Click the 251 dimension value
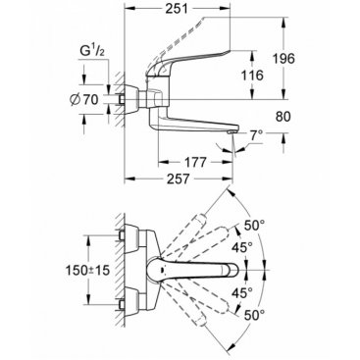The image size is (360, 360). point(177,9)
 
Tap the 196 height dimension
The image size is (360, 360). point(283,59)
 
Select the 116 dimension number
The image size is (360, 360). point(252,76)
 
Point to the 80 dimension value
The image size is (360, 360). point(283,117)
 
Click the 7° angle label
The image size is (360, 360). point(256,135)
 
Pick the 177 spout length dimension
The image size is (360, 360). point(195,162)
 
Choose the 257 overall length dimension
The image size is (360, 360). point(178,179)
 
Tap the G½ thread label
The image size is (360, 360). point(92,52)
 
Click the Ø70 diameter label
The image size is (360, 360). point(84,100)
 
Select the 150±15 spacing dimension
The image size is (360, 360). point(87,271)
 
